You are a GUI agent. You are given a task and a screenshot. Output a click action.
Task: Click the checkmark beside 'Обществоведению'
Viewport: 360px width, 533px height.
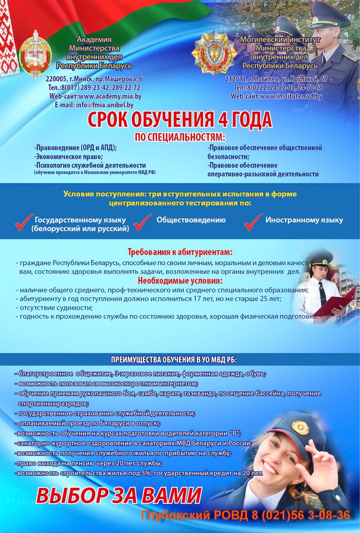[x=143, y=222]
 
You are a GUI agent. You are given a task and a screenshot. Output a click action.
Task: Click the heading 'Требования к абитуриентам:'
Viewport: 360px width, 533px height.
[x=180, y=252]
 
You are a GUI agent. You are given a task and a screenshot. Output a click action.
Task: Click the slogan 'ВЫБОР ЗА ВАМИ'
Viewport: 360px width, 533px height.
[x=119, y=495]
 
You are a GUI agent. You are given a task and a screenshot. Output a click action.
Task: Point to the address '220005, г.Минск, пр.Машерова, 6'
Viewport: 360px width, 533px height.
[x=95, y=79]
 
